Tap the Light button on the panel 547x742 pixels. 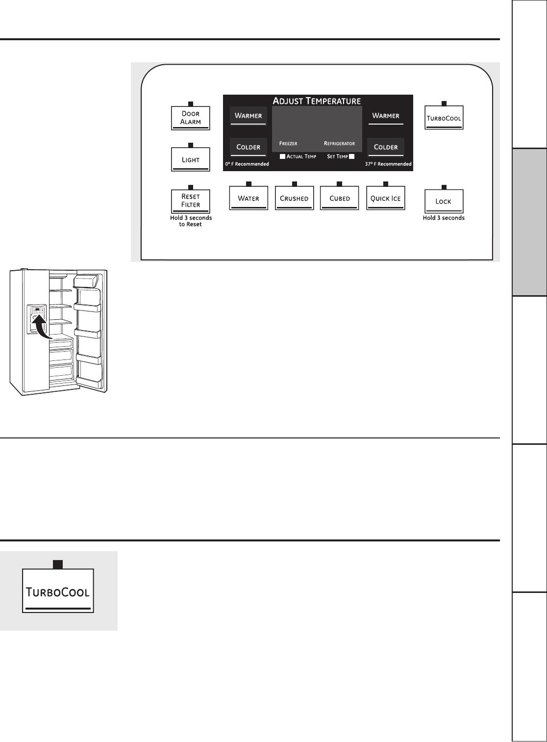click(x=190, y=159)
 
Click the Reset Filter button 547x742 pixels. click(x=190, y=201)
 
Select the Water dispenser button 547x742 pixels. click(x=249, y=198)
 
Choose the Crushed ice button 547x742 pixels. click(x=295, y=198)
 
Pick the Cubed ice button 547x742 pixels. click(x=339, y=198)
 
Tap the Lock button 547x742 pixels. click(x=444, y=201)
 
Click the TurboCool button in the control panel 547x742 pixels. click(x=444, y=118)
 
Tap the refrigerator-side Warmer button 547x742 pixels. click(x=386, y=116)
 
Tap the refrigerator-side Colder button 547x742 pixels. click(x=386, y=147)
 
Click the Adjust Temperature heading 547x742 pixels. click(x=317, y=101)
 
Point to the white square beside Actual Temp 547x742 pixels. click(x=282, y=156)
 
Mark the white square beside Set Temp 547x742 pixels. click(x=351, y=156)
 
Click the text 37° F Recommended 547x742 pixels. click(x=388, y=164)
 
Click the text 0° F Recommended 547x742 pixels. click(x=247, y=164)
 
